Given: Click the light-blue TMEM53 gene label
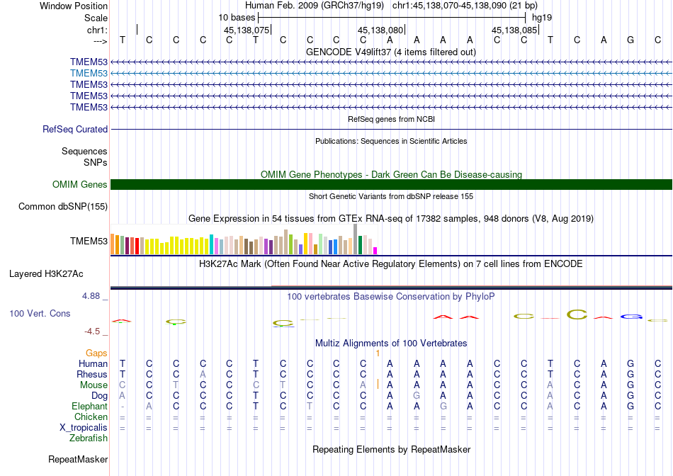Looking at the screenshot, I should click(x=89, y=73).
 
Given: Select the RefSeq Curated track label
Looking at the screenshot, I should click(x=75, y=130).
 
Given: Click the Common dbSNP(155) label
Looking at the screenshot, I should click(x=63, y=207).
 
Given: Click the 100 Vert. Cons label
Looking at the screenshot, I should click(x=40, y=313).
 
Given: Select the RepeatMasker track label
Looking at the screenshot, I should click(x=78, y=460).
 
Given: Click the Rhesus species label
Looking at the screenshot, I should click(x=92, y=375).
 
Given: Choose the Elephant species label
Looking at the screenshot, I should click(x=89, y=407).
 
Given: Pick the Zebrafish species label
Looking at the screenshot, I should click(x=89, y=438).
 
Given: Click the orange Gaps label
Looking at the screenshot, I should click(x=96, y=353).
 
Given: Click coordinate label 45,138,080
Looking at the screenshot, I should click(x=380, y=30).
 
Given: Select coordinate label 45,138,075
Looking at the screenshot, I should click(x=247, y=30).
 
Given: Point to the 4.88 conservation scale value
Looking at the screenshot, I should click(x=92, y=296).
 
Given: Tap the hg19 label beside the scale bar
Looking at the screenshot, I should click(x=542, y=16).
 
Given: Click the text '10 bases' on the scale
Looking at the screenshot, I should click(x=237, y=16).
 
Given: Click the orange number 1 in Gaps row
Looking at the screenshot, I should click(x=378, y=353).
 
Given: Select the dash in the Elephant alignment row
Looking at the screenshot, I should click(x=123, y=407).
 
